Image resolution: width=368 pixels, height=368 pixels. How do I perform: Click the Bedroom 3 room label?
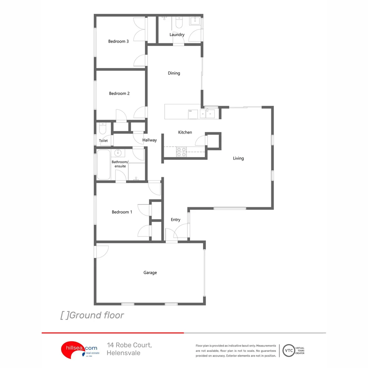pos(118,42)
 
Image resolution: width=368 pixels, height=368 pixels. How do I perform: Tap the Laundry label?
pos(177,35)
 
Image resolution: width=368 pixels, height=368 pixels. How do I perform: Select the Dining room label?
pos(174,73)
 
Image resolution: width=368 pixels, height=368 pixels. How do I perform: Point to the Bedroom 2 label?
pos(119,93)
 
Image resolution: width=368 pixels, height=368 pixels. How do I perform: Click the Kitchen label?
pos(185,132)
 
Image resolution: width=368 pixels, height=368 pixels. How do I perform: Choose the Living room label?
pos(238,158)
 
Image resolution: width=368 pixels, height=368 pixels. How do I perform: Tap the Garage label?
pos(150,273)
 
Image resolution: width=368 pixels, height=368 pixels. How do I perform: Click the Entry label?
pos(175,220)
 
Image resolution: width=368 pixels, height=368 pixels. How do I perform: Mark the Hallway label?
pos(150,140)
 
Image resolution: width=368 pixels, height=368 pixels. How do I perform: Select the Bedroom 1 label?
pos(122,212)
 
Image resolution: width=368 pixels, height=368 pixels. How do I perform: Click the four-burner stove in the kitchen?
pos(181,152)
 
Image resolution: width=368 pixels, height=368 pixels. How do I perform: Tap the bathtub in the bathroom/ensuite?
pos(103,165)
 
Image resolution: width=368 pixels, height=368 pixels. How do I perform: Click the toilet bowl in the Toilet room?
pos(103,128)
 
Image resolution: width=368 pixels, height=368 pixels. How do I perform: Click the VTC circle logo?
pos(289,350)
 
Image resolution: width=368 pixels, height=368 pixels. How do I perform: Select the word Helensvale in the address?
pos(123,353)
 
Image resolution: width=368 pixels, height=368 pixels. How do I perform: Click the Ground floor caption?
pos(92,316)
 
